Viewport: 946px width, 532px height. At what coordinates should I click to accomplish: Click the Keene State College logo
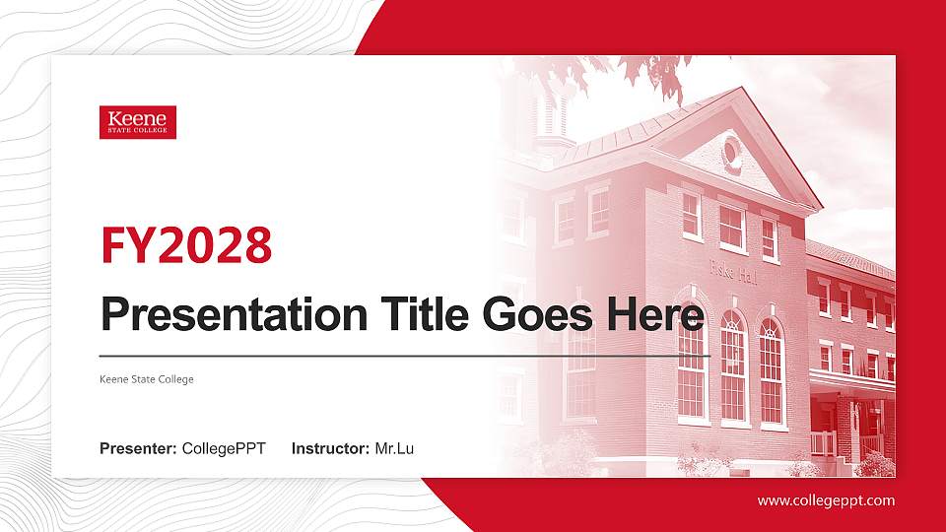(x=138, y=122)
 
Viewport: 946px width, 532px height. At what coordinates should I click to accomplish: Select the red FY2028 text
(x=186, y=245)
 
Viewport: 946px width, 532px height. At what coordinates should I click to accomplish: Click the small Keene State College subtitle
(x=147, y=379)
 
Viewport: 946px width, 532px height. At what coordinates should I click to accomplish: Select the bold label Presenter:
(x=138, y=449)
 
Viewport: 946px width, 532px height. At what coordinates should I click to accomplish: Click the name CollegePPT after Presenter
(x=224, y=449)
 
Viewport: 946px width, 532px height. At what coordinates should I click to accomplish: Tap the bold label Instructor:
(x=331, y=449)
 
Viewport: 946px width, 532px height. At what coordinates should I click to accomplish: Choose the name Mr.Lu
(x=394, y=449)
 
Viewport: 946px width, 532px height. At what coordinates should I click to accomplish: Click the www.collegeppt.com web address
(x=826, y=500)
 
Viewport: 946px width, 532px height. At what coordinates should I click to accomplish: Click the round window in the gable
(x=732, y=153)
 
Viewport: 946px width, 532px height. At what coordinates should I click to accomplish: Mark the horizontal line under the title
(x=404, y=355)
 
